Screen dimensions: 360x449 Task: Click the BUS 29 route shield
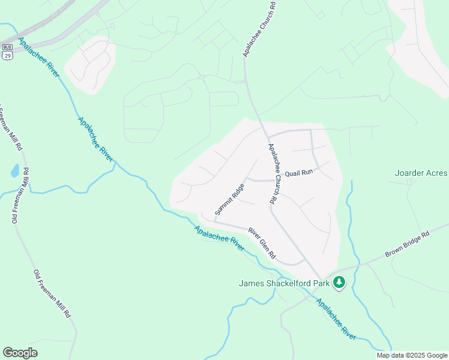click(x=7, y=50)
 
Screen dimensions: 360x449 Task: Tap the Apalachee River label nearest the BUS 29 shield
click(x=38, y=58)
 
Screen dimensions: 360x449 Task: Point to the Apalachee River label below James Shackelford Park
click(x=336, y=319)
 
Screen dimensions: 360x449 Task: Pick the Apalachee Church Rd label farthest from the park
click(x=259, y=29)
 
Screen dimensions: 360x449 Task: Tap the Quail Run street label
click(x=299, y=173)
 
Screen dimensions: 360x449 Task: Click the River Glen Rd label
click(x=262, y=244)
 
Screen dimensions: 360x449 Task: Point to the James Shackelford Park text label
click(x=285, y=283)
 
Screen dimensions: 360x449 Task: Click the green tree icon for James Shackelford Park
click(x=339, y=282)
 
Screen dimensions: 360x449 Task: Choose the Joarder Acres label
click(x=421, y=173)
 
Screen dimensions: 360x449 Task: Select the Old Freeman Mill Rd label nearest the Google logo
click(x=52, y=293)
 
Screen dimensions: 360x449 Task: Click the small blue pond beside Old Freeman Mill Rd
click(x=14, y=172)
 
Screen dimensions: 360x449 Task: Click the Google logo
click(x=20, y=353)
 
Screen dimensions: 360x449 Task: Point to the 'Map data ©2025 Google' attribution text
click(x=411, y=355)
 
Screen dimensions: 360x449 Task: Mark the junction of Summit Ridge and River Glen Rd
click(x=215, y=221)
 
